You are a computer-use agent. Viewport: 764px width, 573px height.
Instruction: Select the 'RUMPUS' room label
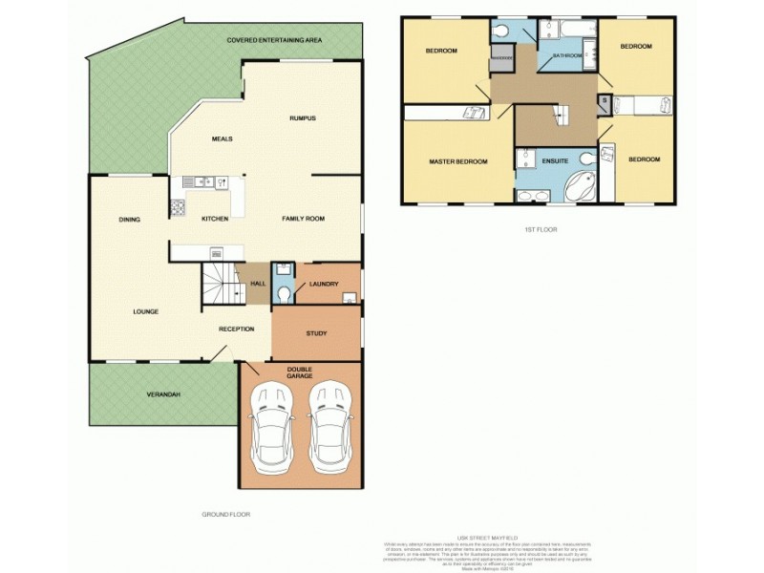pyautogui.click(x=303, y=118)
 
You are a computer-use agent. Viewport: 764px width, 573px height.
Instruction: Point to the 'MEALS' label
pyautogui.click(x=222, y=139)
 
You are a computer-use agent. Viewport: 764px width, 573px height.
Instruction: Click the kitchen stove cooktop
pyautogui.click(x=178, y=207)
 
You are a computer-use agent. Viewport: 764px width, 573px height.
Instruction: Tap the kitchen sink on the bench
pyautogui.click(x=204, y=180)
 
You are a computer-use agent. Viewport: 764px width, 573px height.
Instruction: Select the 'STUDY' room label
pyautogui.click(x=316, y=333)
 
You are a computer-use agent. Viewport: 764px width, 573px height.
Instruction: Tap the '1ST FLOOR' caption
pyautogui.click(x=541, y=230)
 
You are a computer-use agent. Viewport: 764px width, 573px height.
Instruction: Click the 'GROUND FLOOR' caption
pyautogui.click(x=225, y=515)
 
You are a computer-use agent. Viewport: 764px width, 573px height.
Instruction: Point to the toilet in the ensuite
pyautogui.click(x=585, y=157)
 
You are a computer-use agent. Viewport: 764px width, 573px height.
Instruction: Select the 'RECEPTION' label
pyautogui.click(x=236, y=329)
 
